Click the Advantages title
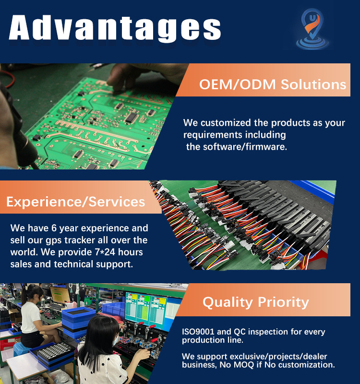coord(115,28)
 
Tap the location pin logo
coord(312,29)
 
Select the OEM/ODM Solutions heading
coord(273,84)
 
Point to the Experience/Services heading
coord(76,202)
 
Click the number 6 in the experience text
coord(54,228)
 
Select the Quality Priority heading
coord(256,302)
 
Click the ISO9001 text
coord(198,332)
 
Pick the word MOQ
coord(244,365)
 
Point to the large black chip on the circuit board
coord(132,117)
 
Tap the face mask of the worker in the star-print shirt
coord(116,341)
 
